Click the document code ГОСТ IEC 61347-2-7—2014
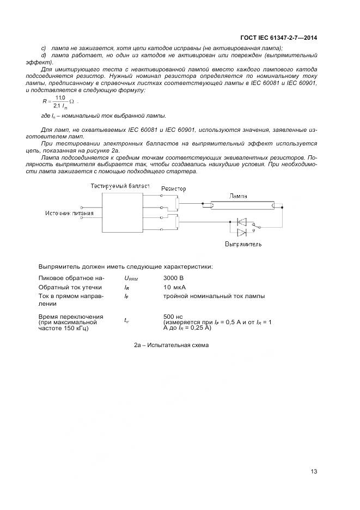279,38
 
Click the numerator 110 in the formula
60,98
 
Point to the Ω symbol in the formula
71,101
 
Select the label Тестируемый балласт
120,186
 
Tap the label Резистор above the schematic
173,189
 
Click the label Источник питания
69,213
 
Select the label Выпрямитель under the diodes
243,244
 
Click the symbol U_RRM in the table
131,278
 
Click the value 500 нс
174,317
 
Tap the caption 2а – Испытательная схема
171,345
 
